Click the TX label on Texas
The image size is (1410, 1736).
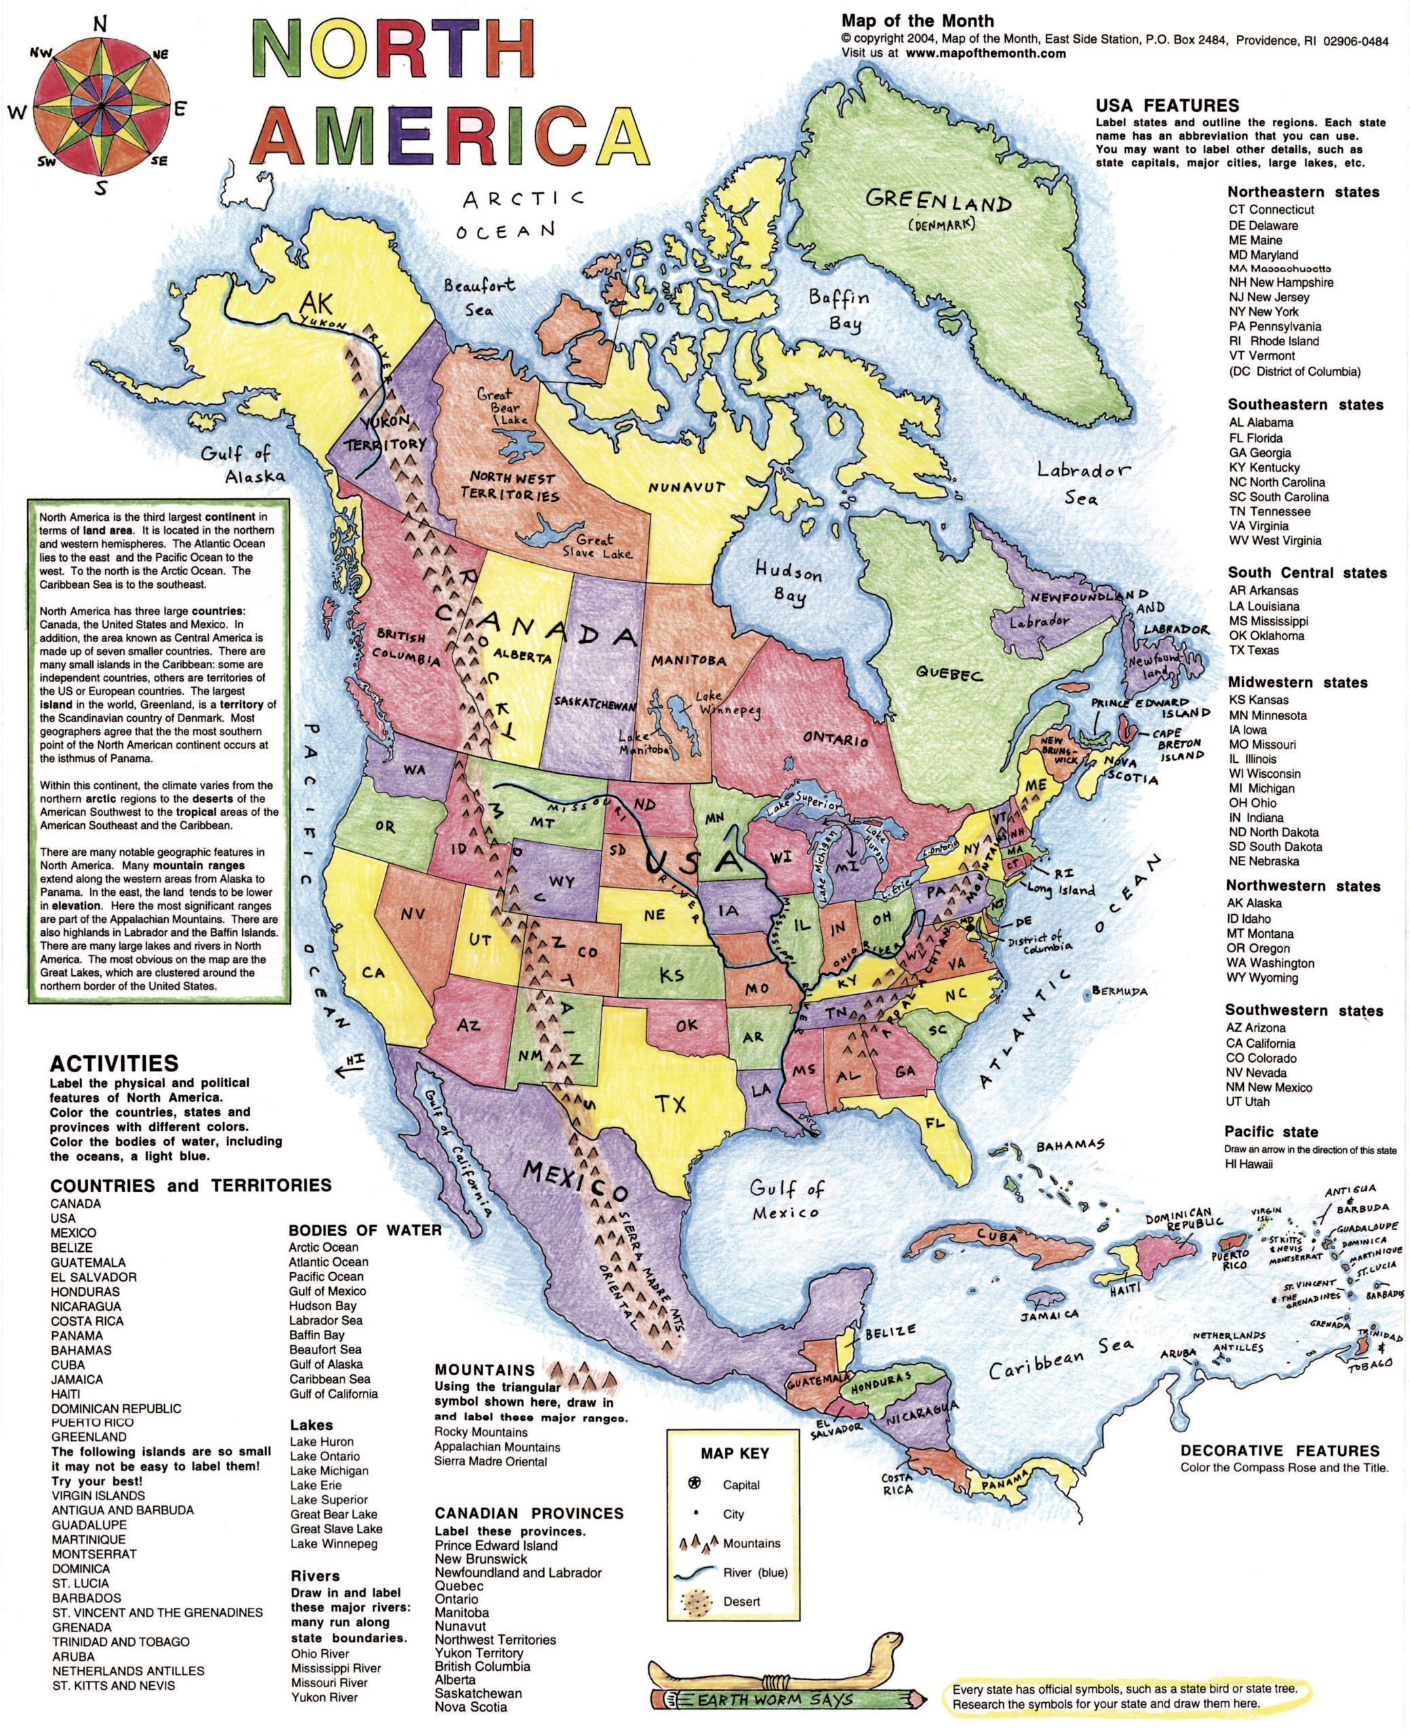(x=671, y=1103)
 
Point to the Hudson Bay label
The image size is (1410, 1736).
(x=788, y=583)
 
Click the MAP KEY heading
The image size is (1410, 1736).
(x=735, y=1453)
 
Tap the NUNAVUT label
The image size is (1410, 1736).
(x=686, y=487)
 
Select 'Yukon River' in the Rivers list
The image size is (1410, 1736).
(x=325, y=1697)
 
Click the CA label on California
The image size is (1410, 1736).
(x=373, y=972)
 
